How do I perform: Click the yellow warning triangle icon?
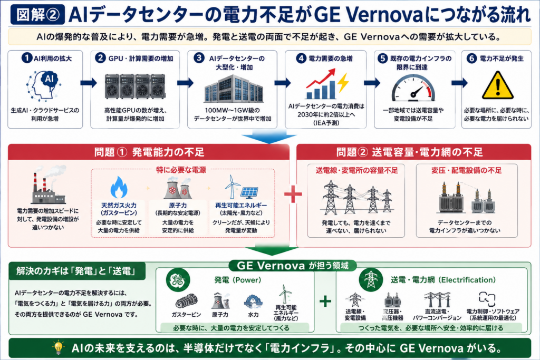click(498, 85)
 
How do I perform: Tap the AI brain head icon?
click(44, 86)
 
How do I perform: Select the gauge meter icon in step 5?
click(413, 88)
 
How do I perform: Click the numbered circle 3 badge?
click(199, 58)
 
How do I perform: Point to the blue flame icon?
click(119, 187)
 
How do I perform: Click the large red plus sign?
click(293, 194)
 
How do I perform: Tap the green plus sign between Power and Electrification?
click(325, 301)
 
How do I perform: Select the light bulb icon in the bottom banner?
click(59, 347)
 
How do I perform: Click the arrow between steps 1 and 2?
click(89, 83)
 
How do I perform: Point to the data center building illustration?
click(234, 89)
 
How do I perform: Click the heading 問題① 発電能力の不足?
click(149, 152)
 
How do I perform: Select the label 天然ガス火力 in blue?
click(119, 206)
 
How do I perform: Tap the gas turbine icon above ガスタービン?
click(186, 301)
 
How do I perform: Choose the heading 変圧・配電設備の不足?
click(466, 170)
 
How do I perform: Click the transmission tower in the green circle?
click(371, 279)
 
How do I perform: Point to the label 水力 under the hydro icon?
click(253, 315)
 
